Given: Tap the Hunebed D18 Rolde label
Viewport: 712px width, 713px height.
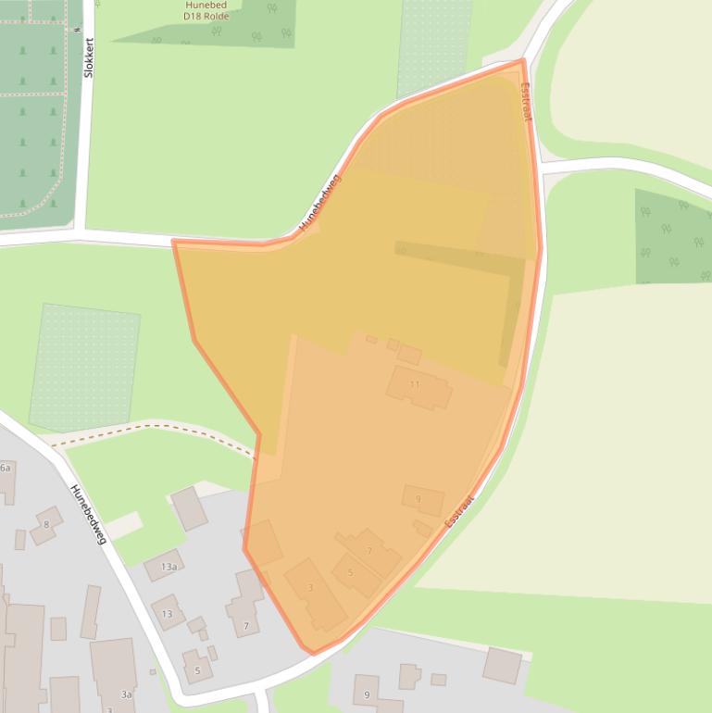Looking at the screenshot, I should (205, 10).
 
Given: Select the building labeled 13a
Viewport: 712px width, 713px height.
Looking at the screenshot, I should (168, 566).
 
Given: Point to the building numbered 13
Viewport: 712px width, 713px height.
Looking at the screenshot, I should (168, 613).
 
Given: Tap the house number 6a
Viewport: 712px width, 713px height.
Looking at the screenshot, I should (6, 469).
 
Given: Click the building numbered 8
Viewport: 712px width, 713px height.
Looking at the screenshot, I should (45, 525).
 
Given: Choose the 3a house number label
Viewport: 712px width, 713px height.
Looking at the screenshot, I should (126, 694).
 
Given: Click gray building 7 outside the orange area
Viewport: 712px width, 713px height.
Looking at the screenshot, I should (245, 626).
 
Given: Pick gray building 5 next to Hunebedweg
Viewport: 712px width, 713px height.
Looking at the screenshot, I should (197, 669).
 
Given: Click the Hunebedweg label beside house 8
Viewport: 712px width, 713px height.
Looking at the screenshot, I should (91, 513).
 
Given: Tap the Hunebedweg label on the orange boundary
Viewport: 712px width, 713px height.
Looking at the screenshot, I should (320, 202).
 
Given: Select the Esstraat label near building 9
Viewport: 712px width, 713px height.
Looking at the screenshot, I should (459, 510).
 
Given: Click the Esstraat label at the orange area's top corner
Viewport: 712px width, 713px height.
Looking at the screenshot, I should (526, 102).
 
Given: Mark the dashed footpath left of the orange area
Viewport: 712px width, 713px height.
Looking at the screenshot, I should (157, 428).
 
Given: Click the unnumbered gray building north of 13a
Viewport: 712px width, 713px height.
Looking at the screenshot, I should (189, 508).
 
